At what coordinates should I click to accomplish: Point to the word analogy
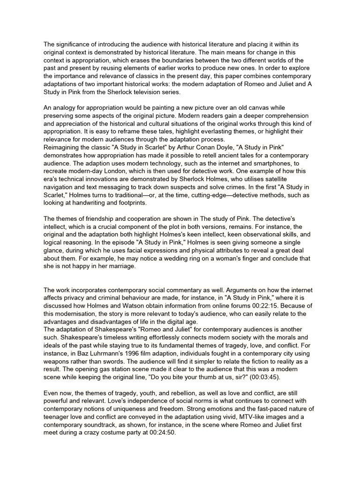tap(64, 108)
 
